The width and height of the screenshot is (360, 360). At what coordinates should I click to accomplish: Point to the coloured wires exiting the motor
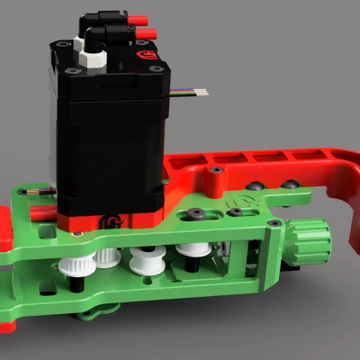194,92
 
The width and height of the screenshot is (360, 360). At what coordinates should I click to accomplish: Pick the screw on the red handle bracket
218,169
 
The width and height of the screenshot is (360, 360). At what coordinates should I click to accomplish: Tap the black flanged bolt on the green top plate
193,216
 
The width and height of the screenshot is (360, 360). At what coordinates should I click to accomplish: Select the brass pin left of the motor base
40,194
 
